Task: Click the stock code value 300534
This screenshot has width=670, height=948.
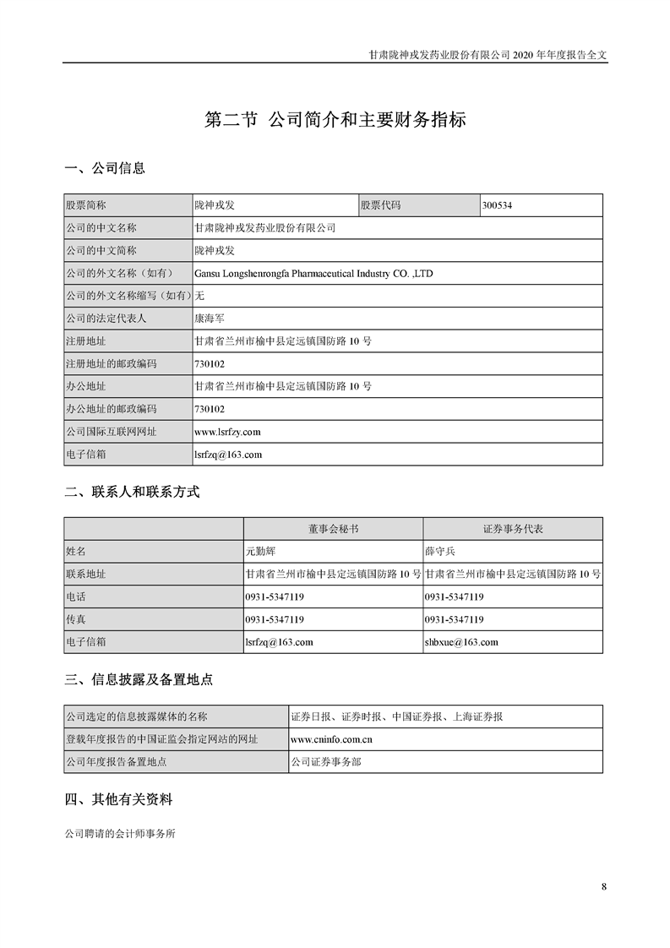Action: [x=498, y=205]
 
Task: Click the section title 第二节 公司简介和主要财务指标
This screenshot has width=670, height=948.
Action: [x=335, y=120]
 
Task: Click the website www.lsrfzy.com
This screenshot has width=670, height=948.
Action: [x=227, y=432]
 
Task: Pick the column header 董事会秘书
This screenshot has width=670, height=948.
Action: [x=332, y=528]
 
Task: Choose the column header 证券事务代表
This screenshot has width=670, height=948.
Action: [x=513, y=528]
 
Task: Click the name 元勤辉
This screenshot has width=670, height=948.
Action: [x=259, y=551]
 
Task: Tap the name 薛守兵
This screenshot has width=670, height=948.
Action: [x=439, y=551]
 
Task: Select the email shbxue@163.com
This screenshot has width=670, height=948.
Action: [x=461, y=642]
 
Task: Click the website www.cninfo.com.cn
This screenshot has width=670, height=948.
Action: [x=332, y=739]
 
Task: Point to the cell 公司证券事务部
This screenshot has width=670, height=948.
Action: [x=326, y=762]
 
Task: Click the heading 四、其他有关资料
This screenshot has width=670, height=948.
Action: [x=118, y=798]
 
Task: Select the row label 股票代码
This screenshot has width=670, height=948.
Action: [x=381, y=205]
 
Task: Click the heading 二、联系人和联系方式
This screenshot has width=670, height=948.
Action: [x=132, y=492]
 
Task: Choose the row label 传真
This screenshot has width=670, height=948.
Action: [x=76, y=619]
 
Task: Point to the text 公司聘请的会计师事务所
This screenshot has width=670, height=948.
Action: [x=120, y=832]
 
